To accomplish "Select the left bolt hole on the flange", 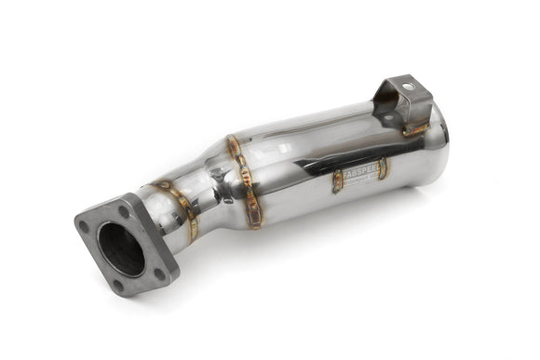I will (85, 226).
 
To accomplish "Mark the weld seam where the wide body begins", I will (244, 181).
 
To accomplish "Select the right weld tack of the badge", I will (383, 168).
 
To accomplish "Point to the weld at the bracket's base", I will (415, 129).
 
